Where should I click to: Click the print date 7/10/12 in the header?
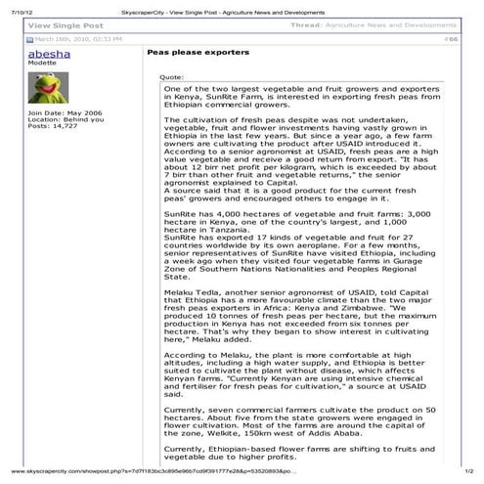point(15,6)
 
